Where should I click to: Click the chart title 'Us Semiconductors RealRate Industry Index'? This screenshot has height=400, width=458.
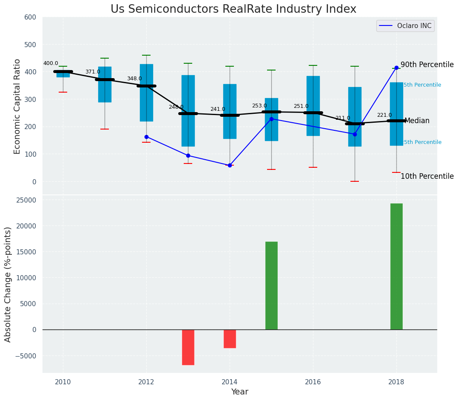click(x=233, y=9)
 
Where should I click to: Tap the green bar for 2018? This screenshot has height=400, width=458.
click(x=396, y=266)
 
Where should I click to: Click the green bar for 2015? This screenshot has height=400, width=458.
click(x=271, y=285)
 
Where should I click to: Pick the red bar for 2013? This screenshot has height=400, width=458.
click(x=188, y=347)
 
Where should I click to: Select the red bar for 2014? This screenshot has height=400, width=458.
click(x=230, y=338)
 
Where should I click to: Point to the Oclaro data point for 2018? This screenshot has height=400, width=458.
click(x=396, y=68)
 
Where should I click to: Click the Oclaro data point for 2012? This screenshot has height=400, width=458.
click(x=146, y=137)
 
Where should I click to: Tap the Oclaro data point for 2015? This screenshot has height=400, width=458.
click(x=271, y=119)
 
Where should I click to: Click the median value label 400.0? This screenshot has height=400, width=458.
click(x=51, y=63)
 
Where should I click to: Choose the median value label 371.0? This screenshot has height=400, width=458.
click(x=93, y=72)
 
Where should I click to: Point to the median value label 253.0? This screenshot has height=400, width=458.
click(x=259, y=106)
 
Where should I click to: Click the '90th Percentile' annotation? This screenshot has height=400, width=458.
click(x=427, y=65)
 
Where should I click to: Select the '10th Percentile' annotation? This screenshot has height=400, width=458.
click(x=427, y=176)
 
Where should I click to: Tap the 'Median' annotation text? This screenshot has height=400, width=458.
click(x=417, y=121)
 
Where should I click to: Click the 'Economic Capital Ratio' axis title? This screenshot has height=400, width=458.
click(x=17, y=106)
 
